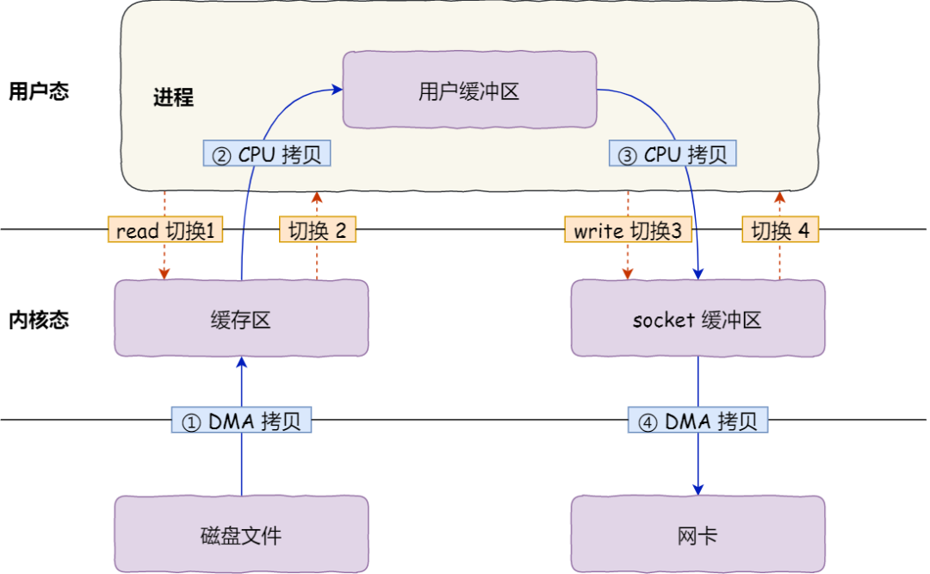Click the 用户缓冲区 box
coord(469,90)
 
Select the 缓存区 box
coord(241,318)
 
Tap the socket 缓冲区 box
coord(697,318)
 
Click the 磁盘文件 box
coord(241,534)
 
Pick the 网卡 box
coord(697,534)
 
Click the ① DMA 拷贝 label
coord(241,421)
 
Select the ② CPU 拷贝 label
coord(267,154)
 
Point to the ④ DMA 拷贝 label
coord(697,421)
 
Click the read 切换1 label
coord(164,230)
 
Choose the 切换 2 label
coord(318,230)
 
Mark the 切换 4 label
coord(780,230)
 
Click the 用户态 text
coord(38,91)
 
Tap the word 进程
coord(173,97)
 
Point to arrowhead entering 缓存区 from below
coord(241,362)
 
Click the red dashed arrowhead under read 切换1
coord(164,274)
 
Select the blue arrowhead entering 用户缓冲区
coord(338,87)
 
